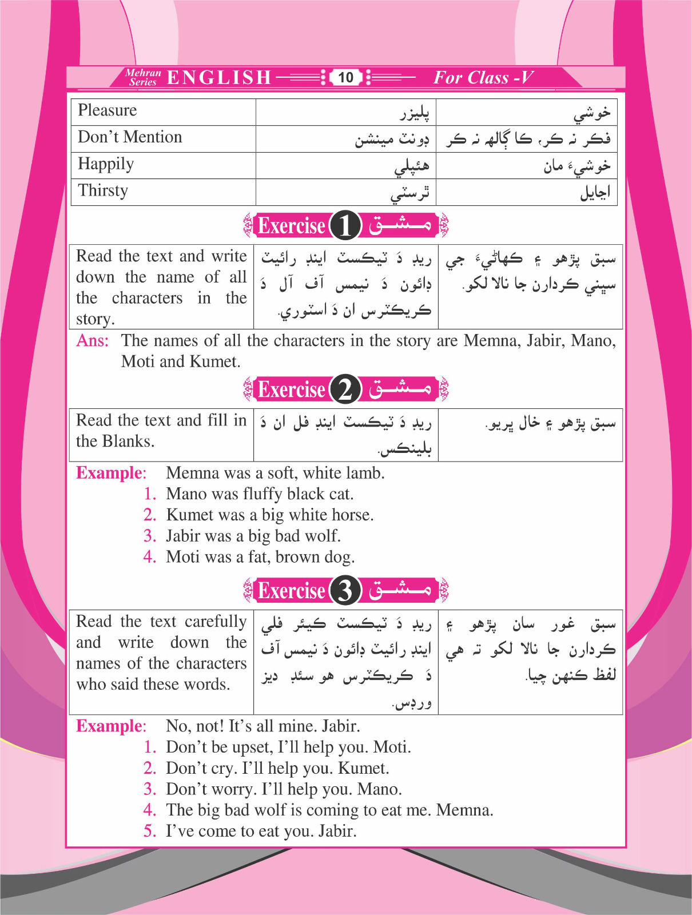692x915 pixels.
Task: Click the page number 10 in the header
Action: point(345,77)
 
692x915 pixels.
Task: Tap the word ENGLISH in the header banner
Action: point(219,77)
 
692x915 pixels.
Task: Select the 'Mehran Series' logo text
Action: point(143,77)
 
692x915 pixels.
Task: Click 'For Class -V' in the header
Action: point(483,77)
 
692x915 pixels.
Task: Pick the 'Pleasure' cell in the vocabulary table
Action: point(108,110)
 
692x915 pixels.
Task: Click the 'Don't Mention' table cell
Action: point(130,137)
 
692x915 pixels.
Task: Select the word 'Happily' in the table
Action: point(106,164)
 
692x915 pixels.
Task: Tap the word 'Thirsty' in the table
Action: point(103,190)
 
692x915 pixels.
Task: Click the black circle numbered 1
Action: point(345,225)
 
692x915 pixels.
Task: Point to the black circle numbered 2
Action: point(345,389)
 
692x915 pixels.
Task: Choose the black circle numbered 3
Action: point(345,590)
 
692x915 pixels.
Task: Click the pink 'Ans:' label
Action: point(92,341)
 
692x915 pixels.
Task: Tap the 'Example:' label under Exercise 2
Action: point(111,473)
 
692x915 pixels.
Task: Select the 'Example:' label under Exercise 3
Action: point(111,726)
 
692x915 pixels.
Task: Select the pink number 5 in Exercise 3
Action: point(150,831)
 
